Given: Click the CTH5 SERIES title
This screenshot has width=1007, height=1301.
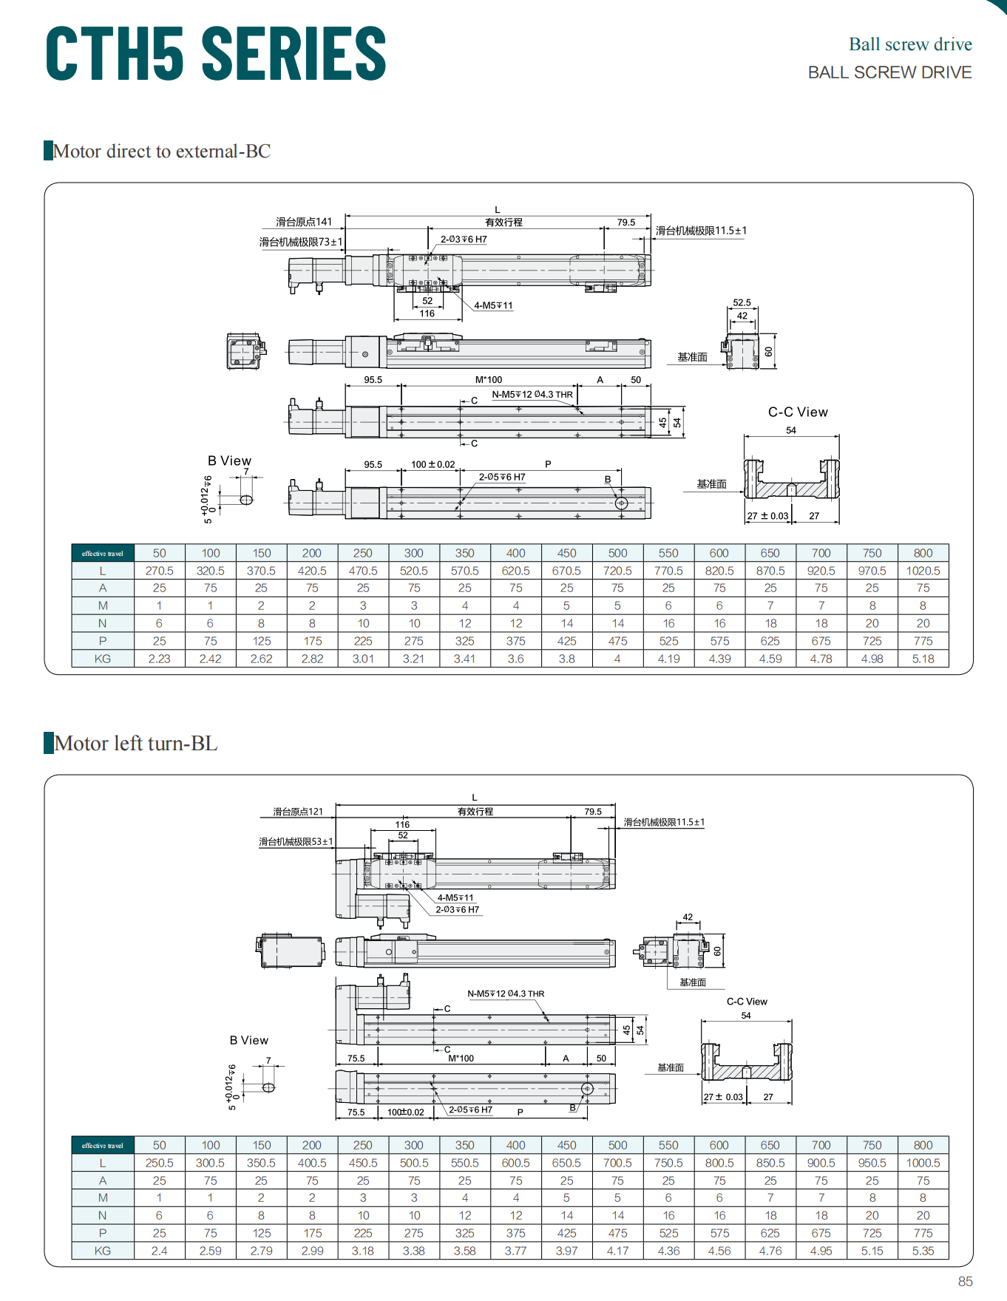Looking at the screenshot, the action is [x=216, y=52].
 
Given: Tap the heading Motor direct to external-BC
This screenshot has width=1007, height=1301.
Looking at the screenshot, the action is [x=162, y=151].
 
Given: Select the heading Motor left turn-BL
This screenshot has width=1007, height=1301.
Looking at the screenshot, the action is [x=136, y=743].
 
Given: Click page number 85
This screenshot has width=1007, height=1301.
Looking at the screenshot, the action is [x=965, y=1281].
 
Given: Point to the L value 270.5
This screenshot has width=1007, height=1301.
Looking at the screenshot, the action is [x=160, y=571].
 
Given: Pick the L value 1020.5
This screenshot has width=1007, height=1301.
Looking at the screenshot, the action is [x=923, y=571].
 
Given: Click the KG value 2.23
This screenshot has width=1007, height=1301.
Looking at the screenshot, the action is [x=160, y=659].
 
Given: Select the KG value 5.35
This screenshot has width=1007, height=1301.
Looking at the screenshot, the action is [x=923, y=1251].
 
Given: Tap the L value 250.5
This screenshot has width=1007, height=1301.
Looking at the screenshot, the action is [x=160, y=1163].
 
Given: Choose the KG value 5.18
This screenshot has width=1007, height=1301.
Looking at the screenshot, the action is [x=923, y=659].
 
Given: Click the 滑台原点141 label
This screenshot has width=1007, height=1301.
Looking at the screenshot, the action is [x=304, y=222].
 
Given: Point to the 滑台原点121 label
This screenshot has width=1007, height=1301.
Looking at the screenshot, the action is [x=298, y=812].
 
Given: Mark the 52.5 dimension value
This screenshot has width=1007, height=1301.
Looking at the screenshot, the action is [x=742, y=303].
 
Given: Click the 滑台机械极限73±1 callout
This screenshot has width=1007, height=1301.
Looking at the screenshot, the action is [x=301, y=242].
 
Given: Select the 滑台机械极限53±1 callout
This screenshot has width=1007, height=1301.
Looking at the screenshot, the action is [x=296, y=842].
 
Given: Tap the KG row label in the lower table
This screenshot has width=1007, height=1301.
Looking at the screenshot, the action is [x=103, y=1251].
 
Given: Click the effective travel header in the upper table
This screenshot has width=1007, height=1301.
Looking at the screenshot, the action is [x=103, y=554].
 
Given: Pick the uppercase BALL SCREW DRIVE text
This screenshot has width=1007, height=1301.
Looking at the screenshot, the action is [x=889, y=72].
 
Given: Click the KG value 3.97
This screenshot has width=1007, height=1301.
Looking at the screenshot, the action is [x=566, y=1251].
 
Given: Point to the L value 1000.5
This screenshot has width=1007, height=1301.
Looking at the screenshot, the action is [x=923, y=1163].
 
